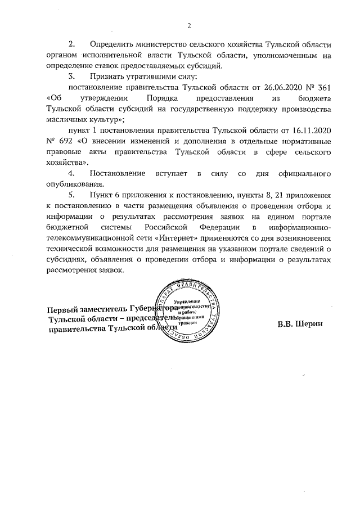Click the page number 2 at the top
click(190, 25)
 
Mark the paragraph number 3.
click(71, 76)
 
